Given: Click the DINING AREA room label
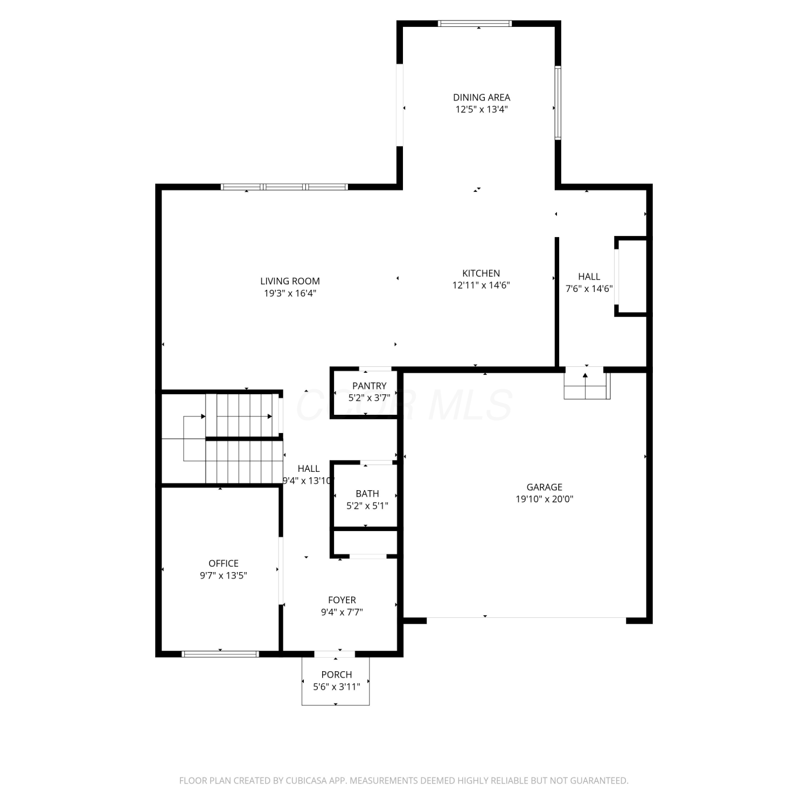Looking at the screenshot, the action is pos(481,97).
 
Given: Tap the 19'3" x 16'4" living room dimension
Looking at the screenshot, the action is pos(290,293).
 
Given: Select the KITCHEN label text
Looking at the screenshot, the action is pos(481,273).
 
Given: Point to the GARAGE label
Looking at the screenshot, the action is pos(544,487).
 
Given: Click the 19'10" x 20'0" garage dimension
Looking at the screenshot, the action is pos(544,499).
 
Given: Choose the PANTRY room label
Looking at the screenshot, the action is pos(369,386).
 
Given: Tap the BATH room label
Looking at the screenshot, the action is pos(367,493).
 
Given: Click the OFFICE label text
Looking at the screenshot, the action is pos(224,563).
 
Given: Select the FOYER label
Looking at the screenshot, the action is pos(342,600).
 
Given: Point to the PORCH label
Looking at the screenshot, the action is pos(336,674).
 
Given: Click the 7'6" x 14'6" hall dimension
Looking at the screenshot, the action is pos(589,288).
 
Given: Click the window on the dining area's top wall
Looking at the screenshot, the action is pos(475,23).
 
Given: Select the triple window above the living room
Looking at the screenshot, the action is pos(284,187).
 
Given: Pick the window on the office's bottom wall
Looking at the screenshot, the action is pos(220,654).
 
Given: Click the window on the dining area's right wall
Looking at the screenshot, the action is pos(558,102).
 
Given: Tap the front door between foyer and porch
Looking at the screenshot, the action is pos(335,654).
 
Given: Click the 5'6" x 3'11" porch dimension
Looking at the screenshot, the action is pos(336,687).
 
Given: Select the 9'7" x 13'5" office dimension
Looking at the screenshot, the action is pos(224,575).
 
